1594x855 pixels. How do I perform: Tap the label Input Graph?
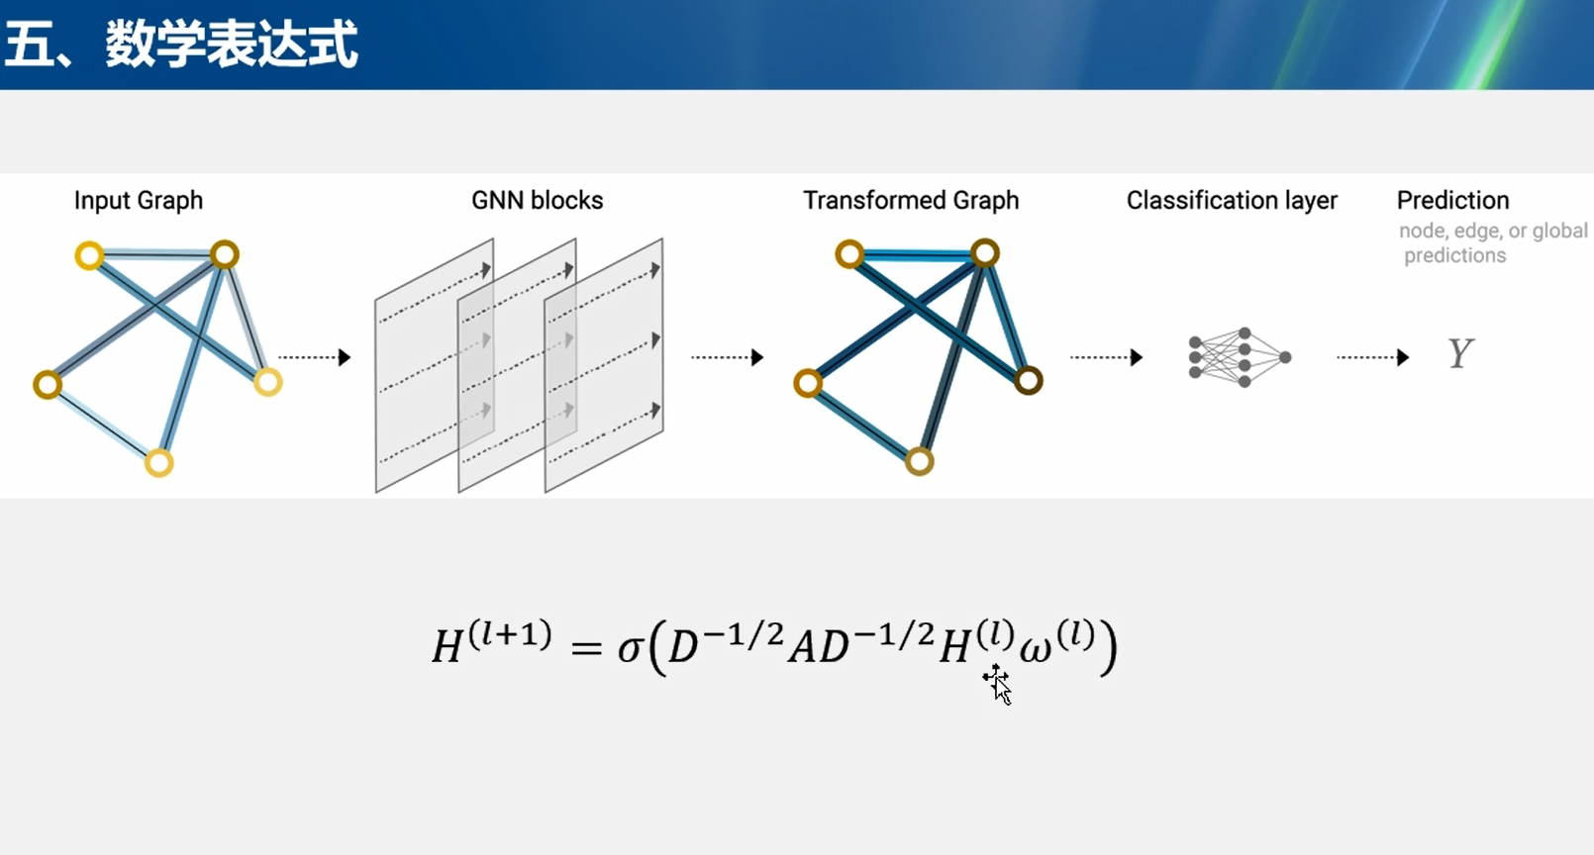point(138,200)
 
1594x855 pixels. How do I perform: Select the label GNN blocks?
point(537,200)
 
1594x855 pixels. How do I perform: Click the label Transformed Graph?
point(910,200)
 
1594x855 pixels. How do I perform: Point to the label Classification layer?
point(1231,200)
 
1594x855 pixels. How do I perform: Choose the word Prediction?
point(1452,200)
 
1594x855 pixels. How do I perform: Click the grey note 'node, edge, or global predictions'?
point(1491,242)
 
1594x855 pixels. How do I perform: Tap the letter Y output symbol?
point(1460,353)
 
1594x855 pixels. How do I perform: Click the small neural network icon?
point(1240,357)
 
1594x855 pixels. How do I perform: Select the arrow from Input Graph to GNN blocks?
point(315,357)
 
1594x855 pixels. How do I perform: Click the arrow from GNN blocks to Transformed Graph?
point(727,357)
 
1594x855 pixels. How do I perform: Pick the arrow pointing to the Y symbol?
point(1372,357)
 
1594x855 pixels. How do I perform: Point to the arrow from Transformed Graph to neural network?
point(1106,357)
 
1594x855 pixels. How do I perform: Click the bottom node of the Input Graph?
point(158,462)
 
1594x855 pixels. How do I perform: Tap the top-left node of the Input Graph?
point(89,255)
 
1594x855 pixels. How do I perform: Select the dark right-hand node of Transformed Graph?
point(1029,380)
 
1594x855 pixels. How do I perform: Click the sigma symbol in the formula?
point(630,649)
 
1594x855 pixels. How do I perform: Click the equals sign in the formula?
point(586,649)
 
